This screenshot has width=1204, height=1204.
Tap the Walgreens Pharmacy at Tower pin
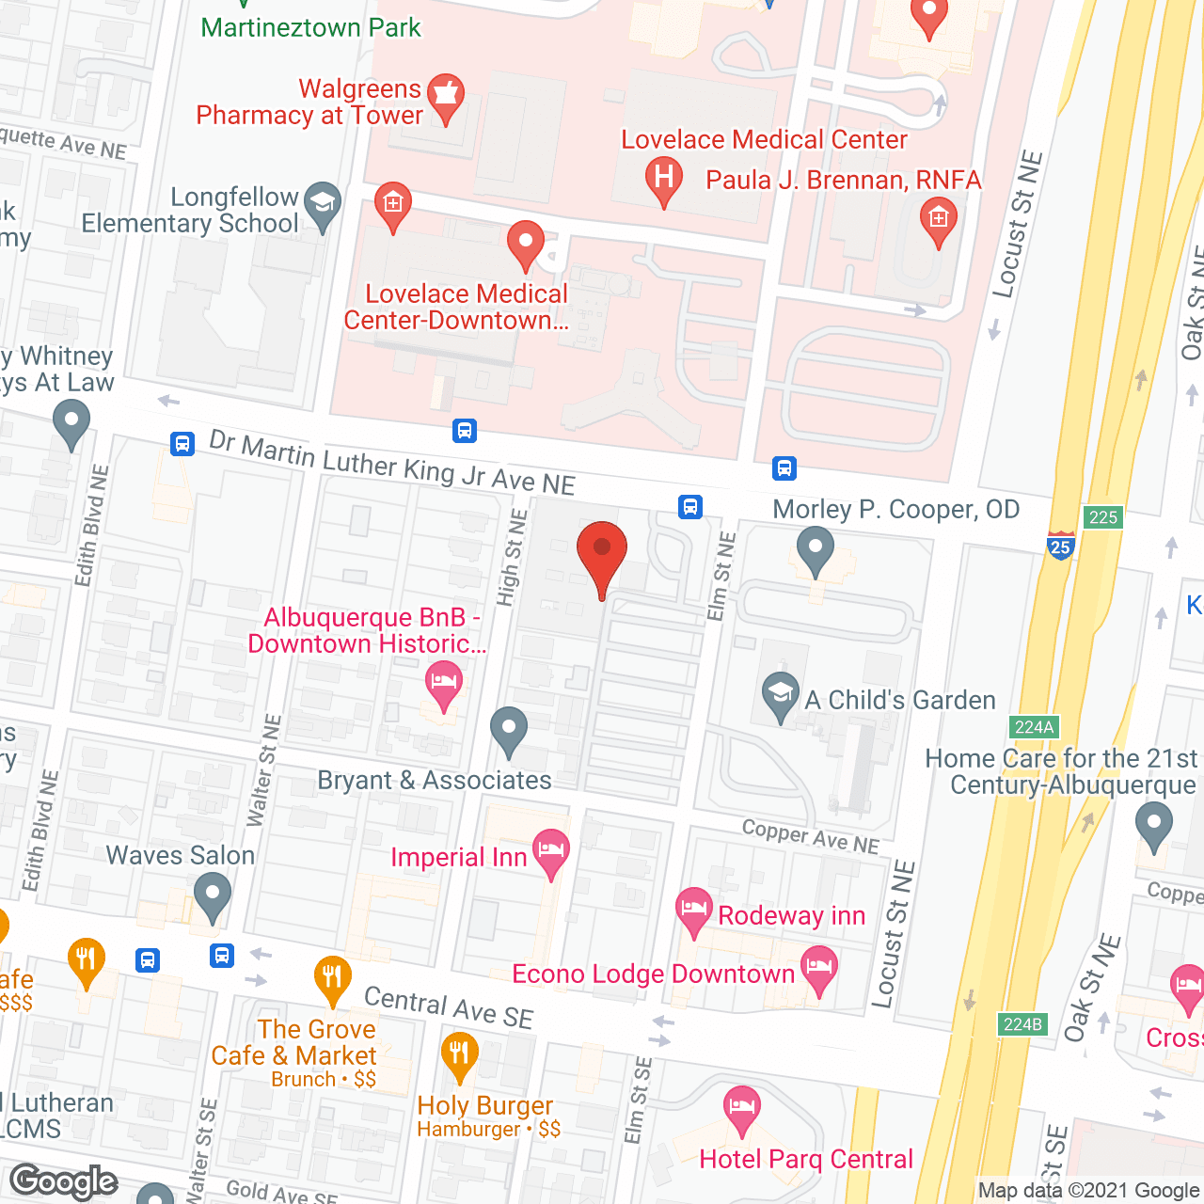coord(445,96)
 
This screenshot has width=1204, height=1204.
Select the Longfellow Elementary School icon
coord(323,204)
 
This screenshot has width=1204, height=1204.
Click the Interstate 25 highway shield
coord(1060,546)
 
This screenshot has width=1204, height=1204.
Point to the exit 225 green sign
coord(1102,516)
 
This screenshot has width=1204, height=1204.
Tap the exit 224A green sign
coord(1034,726)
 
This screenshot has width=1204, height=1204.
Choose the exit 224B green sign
coord(1022,1023)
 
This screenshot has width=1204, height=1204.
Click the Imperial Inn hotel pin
coord(551,851)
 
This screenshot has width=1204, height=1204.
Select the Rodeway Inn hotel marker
coord(693,910)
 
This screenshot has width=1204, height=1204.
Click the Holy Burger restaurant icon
coord(459,1053)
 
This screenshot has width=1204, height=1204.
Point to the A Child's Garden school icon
coord(780,695)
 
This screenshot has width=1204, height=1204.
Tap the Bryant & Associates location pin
coord(508,729)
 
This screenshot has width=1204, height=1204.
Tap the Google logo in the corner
coord(64,1181)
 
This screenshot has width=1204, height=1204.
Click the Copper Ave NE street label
coord(810,836)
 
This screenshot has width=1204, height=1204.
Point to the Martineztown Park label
coord(310,27)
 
